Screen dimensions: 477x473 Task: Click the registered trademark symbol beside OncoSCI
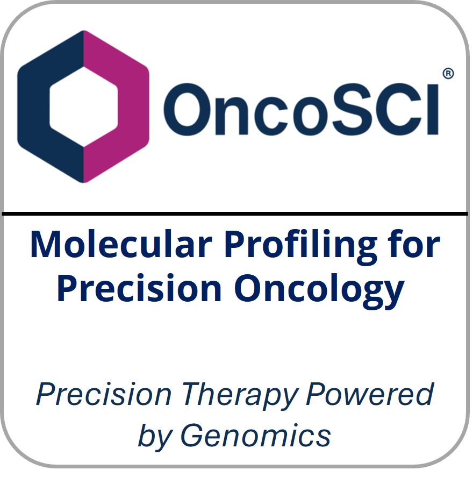[x=447, y=74]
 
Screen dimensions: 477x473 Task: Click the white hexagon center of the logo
[x=83, y=106]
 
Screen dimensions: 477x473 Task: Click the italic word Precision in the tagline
[x=104, y=395]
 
